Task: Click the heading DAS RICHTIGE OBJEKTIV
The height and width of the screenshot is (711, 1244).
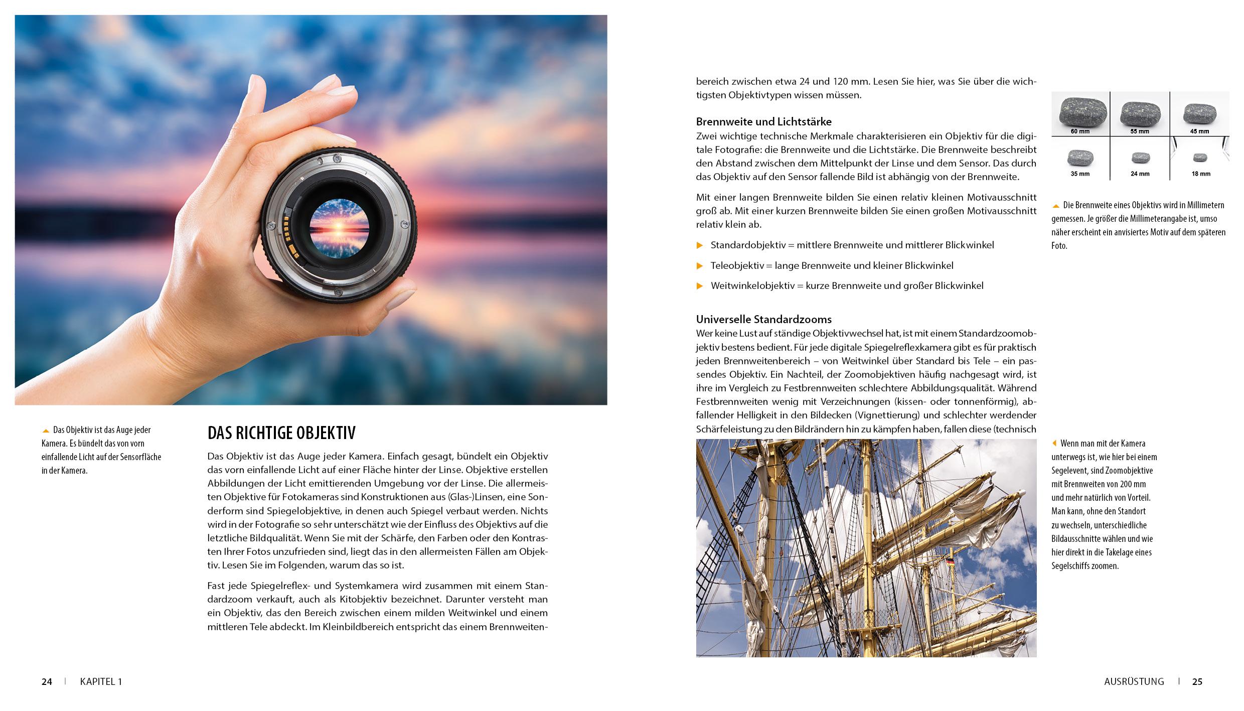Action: click(281, 433)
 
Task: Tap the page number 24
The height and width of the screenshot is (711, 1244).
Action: click(47, 681)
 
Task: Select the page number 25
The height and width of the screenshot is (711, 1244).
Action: click(1197, 681)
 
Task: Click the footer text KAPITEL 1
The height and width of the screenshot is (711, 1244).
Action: click(101, 681)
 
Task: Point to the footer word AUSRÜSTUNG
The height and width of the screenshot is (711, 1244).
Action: click(1134, 681)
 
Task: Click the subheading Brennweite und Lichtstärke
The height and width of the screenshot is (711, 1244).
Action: click(763, 121)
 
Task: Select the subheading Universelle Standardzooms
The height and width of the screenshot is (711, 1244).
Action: click(763, 319)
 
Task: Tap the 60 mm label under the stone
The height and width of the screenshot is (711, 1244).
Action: click(1080, 131)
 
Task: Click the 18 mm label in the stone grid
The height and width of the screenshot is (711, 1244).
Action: click(1200, 174)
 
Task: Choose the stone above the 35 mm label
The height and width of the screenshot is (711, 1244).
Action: click(1080, 158)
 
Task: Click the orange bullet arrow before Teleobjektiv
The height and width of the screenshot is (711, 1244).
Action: click(700, 265)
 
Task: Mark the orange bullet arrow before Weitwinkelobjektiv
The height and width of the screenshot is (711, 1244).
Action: click(700, 286)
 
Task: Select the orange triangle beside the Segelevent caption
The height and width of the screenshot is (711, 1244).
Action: click(1054, 444)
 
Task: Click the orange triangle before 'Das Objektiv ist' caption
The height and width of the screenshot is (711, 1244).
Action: click(46, 431)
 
